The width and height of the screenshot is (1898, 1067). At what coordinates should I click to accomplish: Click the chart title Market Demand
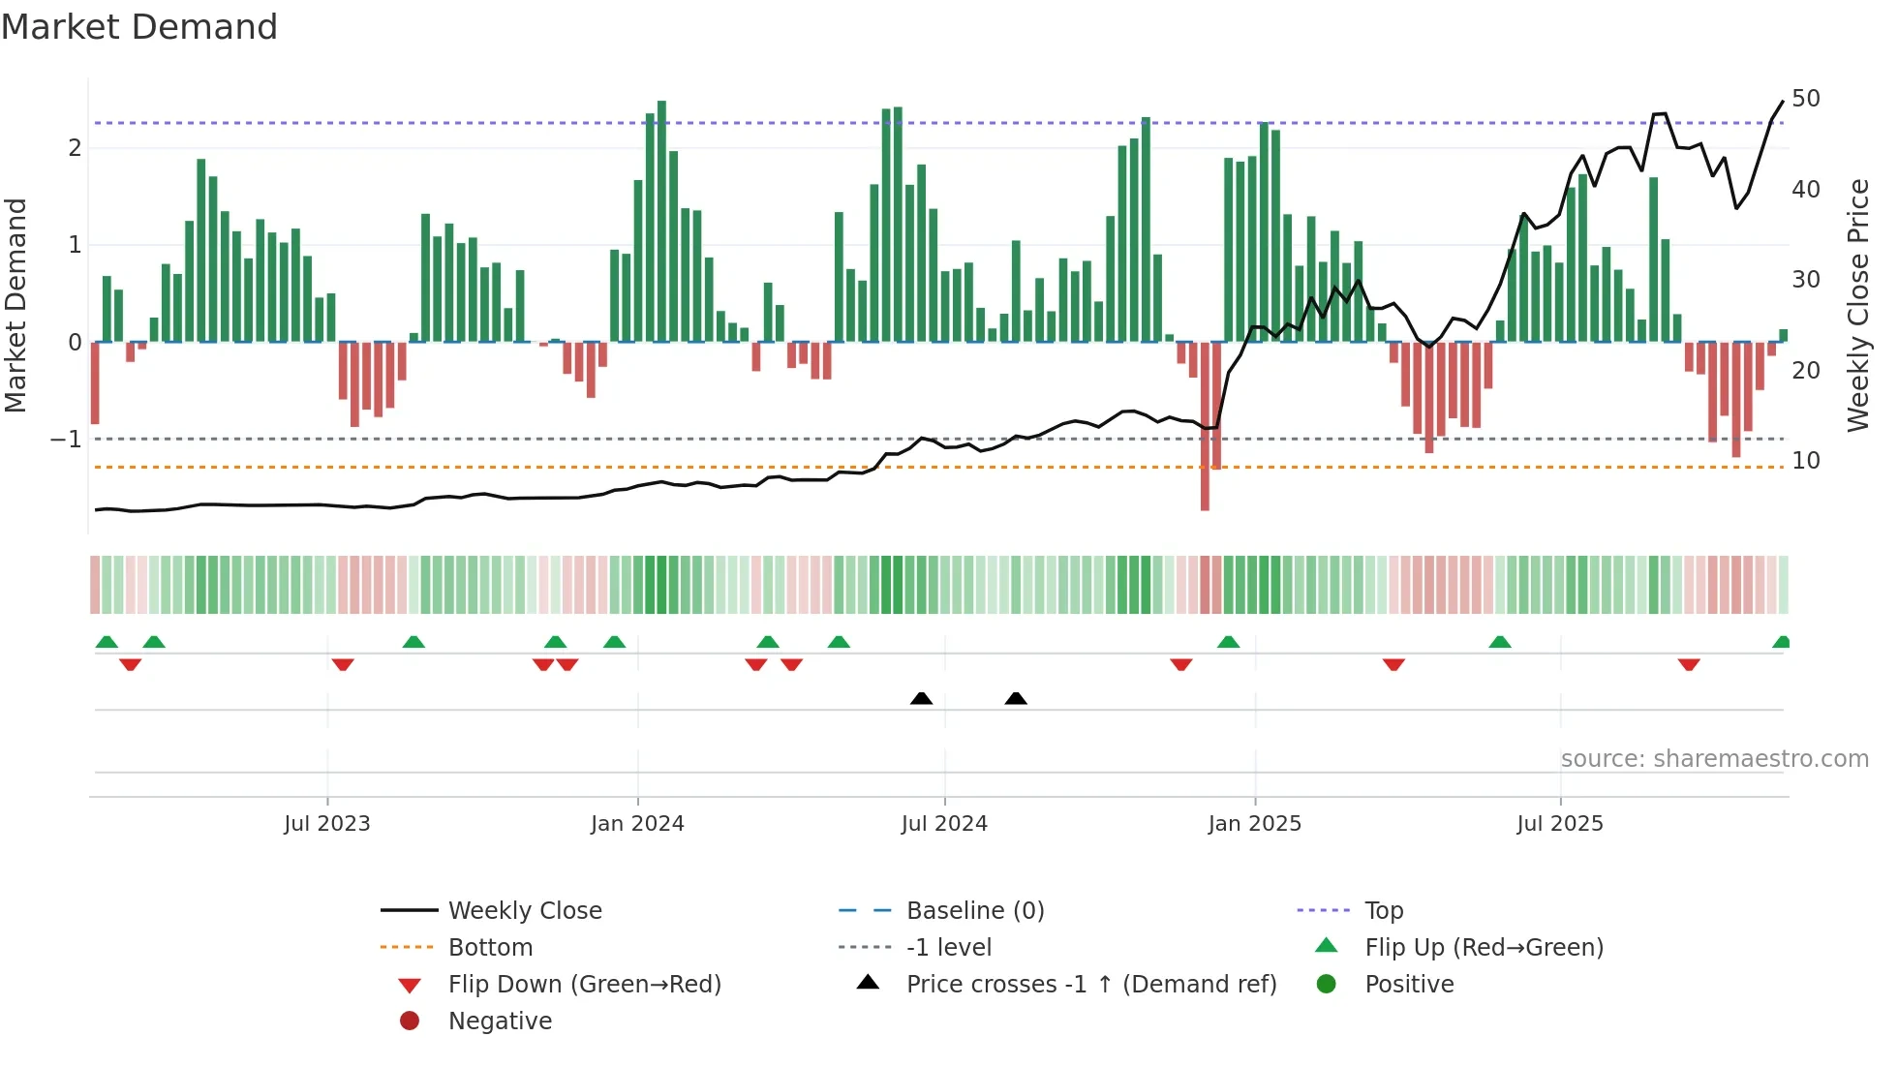tap(139, 27)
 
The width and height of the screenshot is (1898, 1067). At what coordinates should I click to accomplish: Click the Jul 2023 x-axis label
tap(326, 824)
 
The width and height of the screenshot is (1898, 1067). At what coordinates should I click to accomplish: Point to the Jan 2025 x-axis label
tap(1254, 824)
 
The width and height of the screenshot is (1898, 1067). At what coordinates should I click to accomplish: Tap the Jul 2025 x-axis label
tap(1559, 824)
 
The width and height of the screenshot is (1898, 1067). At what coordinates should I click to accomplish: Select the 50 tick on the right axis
tap(1805, 99)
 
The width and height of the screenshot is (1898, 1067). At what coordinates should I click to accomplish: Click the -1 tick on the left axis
tap(66, 440)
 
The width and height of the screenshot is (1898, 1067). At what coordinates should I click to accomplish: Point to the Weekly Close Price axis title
tap(1857, 305)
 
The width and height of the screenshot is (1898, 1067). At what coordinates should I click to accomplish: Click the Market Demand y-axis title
tap(16, 305)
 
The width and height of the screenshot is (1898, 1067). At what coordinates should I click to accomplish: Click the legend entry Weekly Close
tap(524, 911)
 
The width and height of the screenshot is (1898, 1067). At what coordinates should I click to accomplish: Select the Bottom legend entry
tap(490, 948)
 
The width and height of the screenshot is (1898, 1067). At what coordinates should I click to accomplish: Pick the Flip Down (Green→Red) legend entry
tap(584, 985)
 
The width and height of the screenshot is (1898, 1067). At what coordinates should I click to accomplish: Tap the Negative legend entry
tap(500, 1021)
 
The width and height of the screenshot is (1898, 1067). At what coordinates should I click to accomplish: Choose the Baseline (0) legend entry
tap(974, 911)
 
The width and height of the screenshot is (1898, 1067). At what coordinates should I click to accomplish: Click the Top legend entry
tap(1383, 911)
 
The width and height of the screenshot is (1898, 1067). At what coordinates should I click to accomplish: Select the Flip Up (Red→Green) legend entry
tap(1484, 948)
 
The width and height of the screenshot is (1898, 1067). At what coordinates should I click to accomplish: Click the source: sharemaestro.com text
tap(1714, 759)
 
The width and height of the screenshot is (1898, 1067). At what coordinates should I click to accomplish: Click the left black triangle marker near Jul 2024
tap(921, 699)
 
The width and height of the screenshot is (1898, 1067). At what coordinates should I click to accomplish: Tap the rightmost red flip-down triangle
tap(1689, 665)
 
